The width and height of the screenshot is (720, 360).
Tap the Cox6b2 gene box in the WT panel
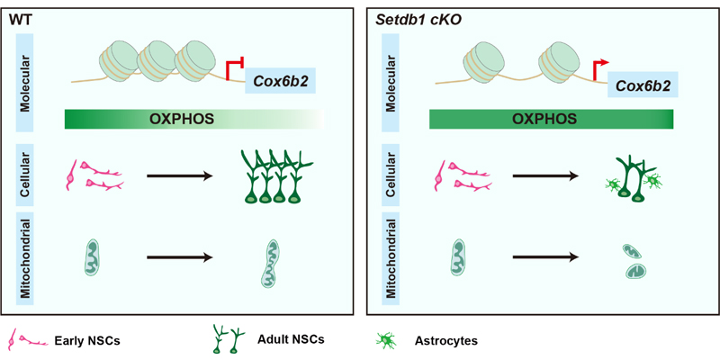(x=281, y=80)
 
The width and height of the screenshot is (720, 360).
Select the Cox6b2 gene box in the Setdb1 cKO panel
(x=643, y=85)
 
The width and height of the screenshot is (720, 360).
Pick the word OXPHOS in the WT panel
(x=182, y=119)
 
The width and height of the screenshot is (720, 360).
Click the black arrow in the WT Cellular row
(x=180, y=175)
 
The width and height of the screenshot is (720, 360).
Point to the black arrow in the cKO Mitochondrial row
(x=545, y=257)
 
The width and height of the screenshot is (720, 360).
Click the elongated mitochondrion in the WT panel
(x=270, y=263)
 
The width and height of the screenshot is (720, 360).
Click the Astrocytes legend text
(x=445, y=341)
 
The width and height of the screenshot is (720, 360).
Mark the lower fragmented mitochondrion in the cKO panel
(x=635, y=272)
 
